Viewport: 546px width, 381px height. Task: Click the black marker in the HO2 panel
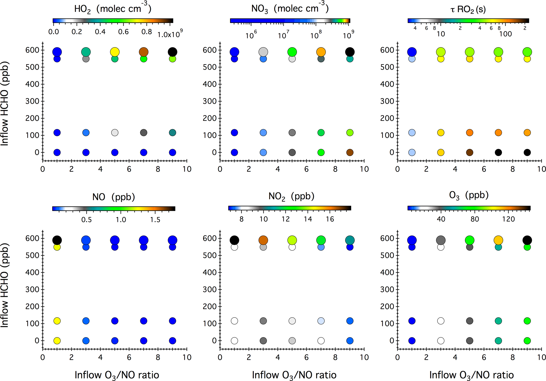pyautogui.click(x=172, y=52)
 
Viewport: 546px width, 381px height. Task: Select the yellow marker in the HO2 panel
pyautogui.click(x=115, y=52)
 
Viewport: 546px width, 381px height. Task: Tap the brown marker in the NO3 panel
pyautogui.click(x=350, y=152)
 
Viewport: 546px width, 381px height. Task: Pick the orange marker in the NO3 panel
pyautogui.click(x=321, y=52)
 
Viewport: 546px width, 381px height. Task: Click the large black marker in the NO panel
pyautogui.click(x=57, y=240)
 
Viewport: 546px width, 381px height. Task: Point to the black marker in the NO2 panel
pyautogui.click(x=234, y=240)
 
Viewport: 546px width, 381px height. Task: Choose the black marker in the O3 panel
pyautogui.click(x=527, y=240)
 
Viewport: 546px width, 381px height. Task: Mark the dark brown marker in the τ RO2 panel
pyautogui.click(x=469, y=152)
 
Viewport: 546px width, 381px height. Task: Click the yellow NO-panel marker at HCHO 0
pyautogui.click(x=57, y=341)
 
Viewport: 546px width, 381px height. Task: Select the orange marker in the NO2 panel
pyautogui.click(x=263, y=240)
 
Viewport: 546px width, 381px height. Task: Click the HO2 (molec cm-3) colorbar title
pyautogui.click(x=113, y=9)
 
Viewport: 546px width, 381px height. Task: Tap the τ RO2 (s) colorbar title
pyautogui.click(x=468, y=10)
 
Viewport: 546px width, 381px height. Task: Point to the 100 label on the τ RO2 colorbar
pyautogui.click(x=505, y=34)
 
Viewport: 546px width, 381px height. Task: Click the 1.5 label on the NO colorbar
pyautogui.click(x=155, y=220)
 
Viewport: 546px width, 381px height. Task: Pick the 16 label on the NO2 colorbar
pyautogui.click(x=330, y=219)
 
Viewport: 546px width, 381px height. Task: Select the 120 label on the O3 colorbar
pyautogui.click(x=508, y=219)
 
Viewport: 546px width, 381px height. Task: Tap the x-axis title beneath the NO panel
pyautogui.click(x=117, y=375)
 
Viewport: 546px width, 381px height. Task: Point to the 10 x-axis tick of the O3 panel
pyautogui.click(x=542, y=357)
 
